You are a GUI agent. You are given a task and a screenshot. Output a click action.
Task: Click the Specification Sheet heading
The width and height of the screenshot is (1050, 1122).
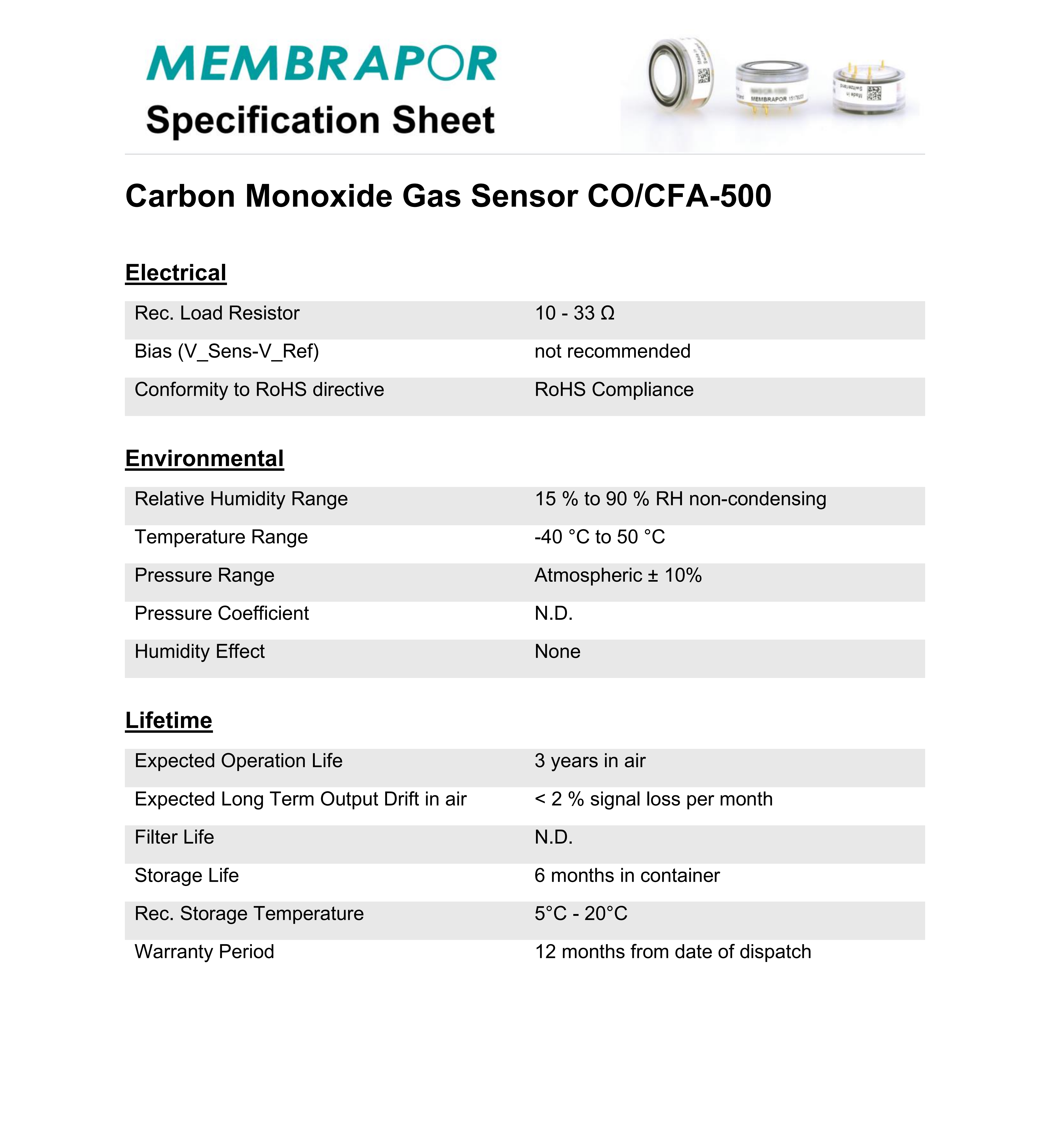pyautogui.click(x=320, y=120)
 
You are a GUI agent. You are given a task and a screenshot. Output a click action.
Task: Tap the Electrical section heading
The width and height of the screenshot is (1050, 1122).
pyautogui.click(x=175, y=273)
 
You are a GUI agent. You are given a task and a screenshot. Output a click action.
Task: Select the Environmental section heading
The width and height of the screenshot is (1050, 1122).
pyautogui.click(x=204, y=458)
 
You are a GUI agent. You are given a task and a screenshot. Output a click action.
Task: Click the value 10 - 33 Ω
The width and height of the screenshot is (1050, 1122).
pyautogui.click(x=574, y=313)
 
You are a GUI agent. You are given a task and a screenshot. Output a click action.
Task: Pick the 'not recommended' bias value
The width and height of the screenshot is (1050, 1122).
pyautogui.click(x=612, y=351)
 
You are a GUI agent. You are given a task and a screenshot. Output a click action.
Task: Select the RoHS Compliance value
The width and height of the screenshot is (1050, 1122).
pyautogui.click(x=614, y=390)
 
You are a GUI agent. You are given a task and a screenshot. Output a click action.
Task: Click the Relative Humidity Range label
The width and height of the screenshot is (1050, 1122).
pyautogui.click(x=241, y=499)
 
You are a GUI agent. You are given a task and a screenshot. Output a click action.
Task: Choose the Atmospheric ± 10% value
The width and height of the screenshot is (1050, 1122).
pyautogui.click(x=618, y=575)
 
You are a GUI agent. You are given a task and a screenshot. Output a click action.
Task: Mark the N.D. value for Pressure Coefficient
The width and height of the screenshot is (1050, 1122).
pyautogui.click(x=553, y=613)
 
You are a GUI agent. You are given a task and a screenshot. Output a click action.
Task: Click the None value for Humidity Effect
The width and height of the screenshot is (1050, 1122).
pyautogui.click(x=557, y=651)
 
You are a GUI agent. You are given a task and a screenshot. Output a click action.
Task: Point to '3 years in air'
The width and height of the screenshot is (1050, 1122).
pyautogui.click(x=590, y=761)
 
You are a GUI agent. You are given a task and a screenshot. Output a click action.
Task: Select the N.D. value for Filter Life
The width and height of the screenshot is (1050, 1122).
pyautogui.click(x=553, y=837)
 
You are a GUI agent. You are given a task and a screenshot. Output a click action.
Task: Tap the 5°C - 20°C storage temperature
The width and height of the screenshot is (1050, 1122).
pyautogui.click(x=581, y=913)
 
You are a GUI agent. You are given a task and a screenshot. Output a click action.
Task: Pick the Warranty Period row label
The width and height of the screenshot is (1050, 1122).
pyautogui.click(x=204, y=952)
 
